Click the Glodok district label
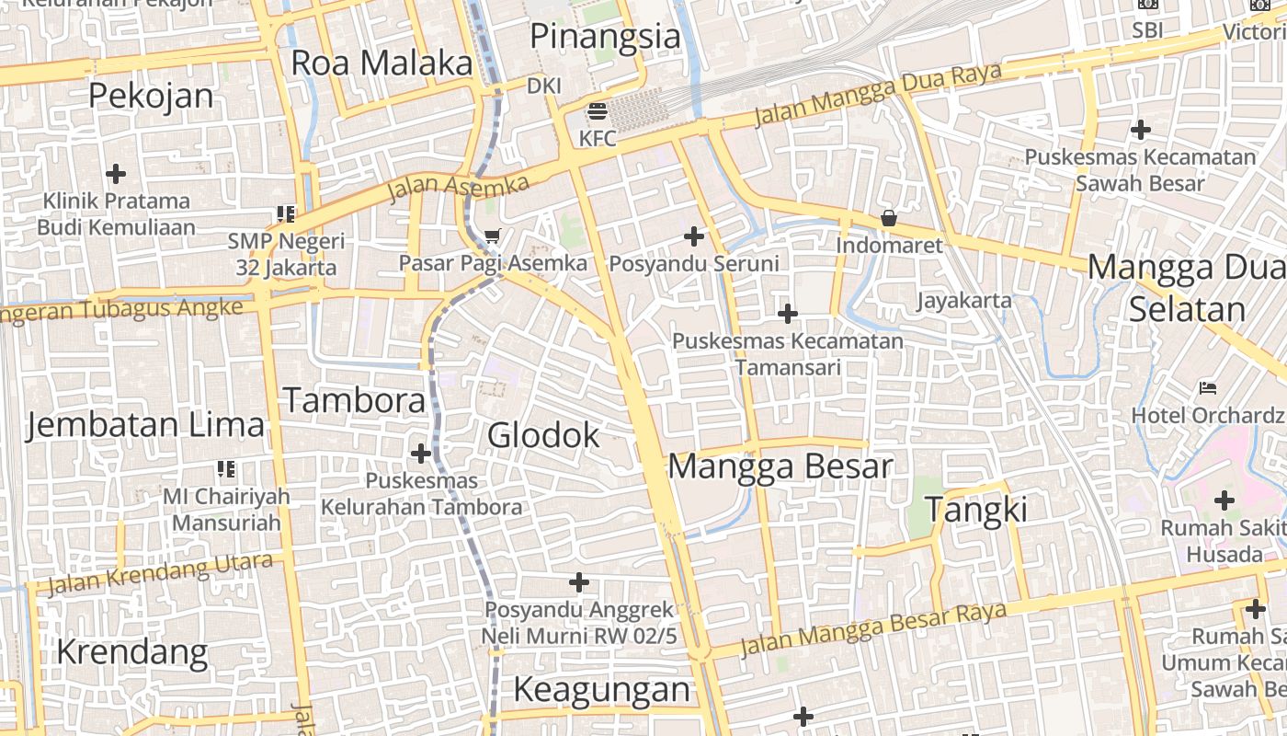[x=543, y=435]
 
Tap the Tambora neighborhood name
[x=354, y=401]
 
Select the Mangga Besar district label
[x=780, y=466]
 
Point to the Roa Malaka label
[x=382, y=63]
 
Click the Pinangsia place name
[x=606, y=37]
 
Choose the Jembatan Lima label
[x=145, y=425]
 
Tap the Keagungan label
[x=601, y=689]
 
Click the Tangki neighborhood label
[x=975, y=509]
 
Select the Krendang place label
[x=132, y=652]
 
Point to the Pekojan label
[x=151, y=96]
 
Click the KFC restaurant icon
[x=598, y=112]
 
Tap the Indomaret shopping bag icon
[x=889, y=219]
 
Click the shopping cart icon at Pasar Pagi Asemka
[x=492, y=236]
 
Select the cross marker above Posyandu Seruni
[x=694, y=237]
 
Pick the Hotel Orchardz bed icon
[x=1208, y=388]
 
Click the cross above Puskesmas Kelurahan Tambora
[x=421, y=454]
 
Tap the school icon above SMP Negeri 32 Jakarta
[x=286, y=214]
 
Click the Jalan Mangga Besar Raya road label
[x=873, y=629]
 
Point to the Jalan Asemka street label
[x=458, y=188]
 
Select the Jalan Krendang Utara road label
[x=160, y=574]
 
